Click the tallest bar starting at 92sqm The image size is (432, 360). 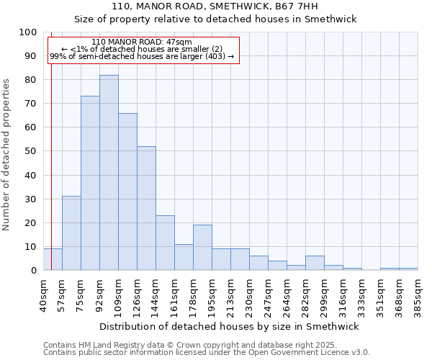(x=109, y=173)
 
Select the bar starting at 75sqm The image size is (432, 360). (x=90, y=183)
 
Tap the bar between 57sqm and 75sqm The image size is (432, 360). (x=71, y=233)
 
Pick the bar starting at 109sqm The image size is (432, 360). (x=127, y=192)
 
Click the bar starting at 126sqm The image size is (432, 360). (x=146, y=208)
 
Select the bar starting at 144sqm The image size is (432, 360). (x=165, y=243)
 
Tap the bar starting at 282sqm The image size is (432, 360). (x=315, y=263)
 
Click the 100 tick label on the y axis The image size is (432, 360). (x=28, y=32)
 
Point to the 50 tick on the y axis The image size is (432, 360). (x=31, y=151)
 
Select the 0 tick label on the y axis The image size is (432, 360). (x=34, y=271)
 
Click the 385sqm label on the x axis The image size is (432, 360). (x=418, y=294)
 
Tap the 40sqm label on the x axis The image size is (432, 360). (x=43, y=294)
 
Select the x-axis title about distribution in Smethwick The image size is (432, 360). (x=230, y=326)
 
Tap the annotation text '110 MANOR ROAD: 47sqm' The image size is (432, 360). (x=142, y=42)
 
